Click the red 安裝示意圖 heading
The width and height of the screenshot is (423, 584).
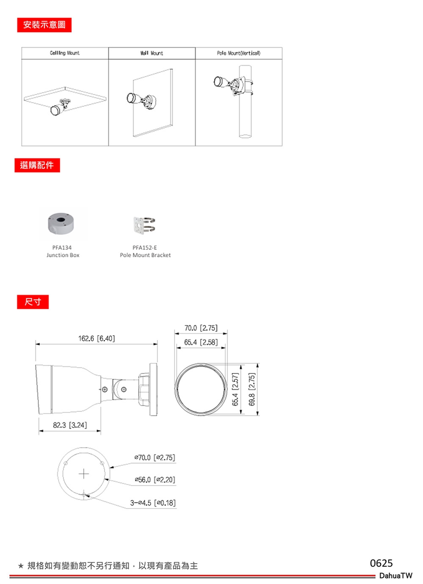45,25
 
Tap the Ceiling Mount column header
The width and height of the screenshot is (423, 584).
65,53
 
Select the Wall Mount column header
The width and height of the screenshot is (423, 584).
152,53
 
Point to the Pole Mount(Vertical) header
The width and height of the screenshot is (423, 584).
239,53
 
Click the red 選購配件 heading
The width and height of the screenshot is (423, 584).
37,165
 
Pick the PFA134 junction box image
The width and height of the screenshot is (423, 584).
61,223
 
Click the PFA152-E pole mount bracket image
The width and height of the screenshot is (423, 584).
144,225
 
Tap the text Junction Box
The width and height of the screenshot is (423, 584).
63,255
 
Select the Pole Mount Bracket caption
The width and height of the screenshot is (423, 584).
145,255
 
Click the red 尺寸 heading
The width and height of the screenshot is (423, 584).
33,302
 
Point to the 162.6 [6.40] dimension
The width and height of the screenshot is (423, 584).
96,338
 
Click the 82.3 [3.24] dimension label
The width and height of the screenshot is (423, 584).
70,425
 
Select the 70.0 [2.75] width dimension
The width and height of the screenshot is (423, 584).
201,328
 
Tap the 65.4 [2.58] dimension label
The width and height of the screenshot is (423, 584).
201,342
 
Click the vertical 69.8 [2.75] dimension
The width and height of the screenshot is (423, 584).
252,389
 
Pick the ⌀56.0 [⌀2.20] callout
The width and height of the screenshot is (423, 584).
155,480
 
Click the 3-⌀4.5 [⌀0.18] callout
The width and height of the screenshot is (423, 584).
153,503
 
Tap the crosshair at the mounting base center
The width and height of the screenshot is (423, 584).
84,474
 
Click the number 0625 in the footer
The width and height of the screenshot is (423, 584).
381,563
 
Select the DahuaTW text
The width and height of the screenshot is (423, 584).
396,575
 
